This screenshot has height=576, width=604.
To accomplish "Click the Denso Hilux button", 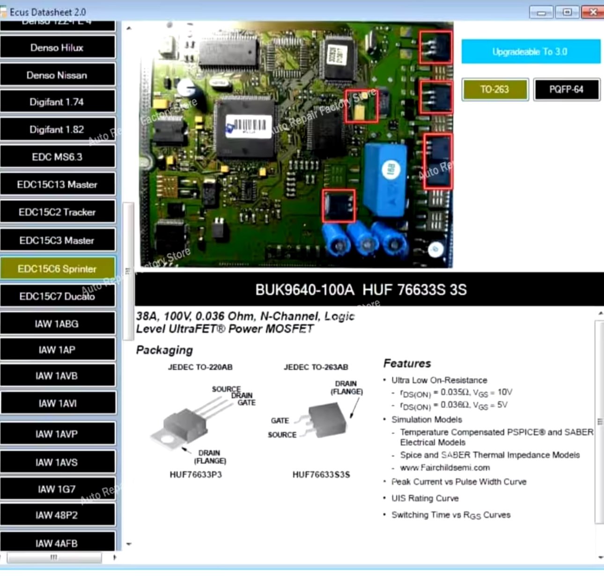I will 57,47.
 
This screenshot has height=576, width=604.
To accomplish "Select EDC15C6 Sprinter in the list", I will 57,269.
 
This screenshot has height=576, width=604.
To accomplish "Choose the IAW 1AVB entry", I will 57,376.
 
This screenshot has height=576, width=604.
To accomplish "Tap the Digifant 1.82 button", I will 57,129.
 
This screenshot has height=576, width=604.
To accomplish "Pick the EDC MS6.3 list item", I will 57,157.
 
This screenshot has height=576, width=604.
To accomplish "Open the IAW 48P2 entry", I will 57,515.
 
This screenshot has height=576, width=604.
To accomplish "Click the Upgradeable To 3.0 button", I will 530,52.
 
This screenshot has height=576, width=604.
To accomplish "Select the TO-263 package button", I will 495,89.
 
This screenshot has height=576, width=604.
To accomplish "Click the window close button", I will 592,12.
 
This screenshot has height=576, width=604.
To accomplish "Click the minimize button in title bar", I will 541,12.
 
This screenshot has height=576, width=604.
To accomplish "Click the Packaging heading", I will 164,350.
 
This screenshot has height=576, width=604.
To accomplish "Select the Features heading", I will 407,363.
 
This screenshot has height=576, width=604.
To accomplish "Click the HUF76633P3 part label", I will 196,474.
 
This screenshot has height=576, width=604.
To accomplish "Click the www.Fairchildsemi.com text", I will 445,467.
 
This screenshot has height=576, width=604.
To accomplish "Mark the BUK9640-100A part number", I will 305,290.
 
